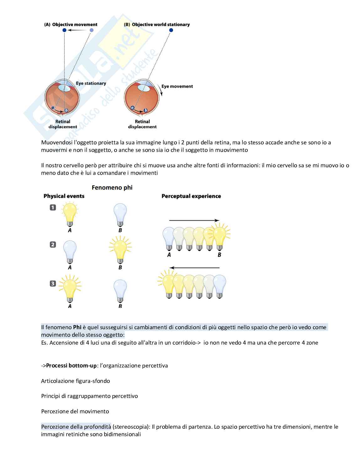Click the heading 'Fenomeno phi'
tap(112, 188)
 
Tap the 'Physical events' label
tap(64, 196)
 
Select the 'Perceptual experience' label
tap(191, 196)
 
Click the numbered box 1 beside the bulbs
tap(53, 207)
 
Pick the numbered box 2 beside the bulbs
tap(53, 244)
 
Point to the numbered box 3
tap(53, 284)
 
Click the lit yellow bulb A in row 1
tap(70, 213)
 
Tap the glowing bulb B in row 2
tap(120, 250)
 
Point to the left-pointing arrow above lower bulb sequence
tap(194, 268)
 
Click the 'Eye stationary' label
tap(91, 83)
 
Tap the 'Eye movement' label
tap(177, 86)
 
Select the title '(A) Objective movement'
tap(71, 24)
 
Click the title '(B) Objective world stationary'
tap(157, 24)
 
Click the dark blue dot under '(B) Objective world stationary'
tap(171, 30)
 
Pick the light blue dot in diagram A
tap(92, 30)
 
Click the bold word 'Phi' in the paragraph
tap(77, 327)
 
